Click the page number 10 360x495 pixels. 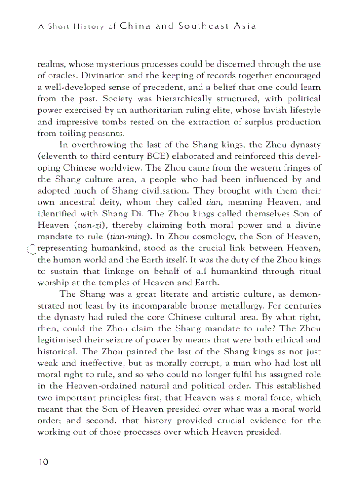tap(43, 462)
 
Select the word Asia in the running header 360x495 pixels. tap(246, 26)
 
